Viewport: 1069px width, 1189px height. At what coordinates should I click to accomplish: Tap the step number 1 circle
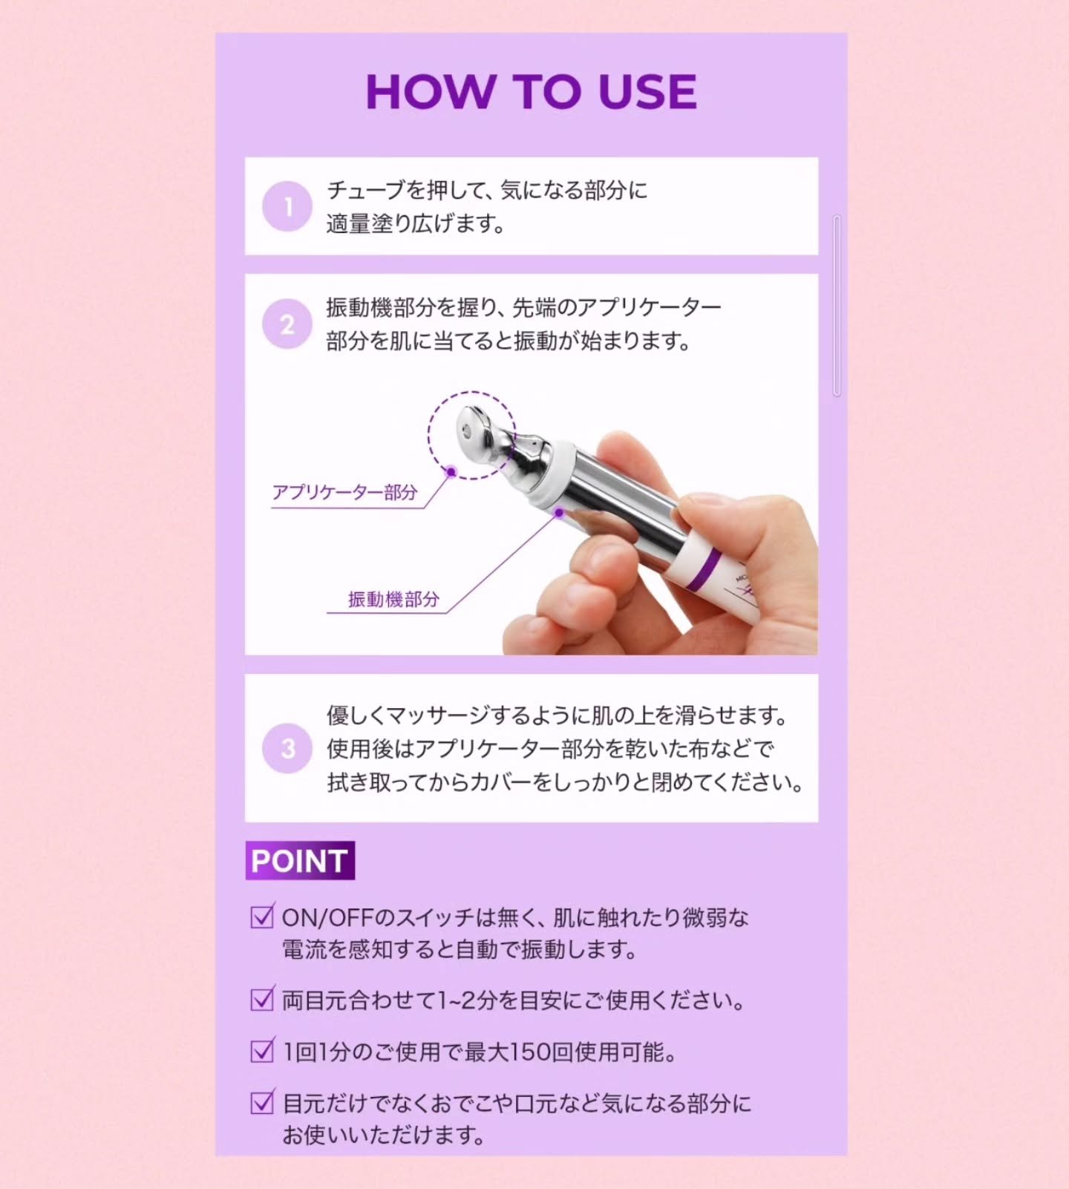coord(287,206)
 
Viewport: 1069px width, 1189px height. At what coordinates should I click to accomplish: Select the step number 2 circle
coord(287,324)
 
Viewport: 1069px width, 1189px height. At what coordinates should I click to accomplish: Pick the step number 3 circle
coord(287,748)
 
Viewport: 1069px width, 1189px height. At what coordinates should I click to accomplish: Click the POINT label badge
coord(300,861)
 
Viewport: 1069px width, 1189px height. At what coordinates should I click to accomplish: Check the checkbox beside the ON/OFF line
coord(262,917)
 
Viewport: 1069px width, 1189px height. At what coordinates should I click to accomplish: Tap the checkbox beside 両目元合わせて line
coord(262,999)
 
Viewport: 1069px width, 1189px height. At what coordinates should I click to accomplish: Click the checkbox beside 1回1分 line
coord(262,1050)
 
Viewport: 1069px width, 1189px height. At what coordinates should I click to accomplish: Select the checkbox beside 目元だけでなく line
coord(262,1102)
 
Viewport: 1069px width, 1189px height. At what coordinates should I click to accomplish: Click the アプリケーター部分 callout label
coord(345,492)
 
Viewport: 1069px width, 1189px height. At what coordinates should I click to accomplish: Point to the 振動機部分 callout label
coord(393,599)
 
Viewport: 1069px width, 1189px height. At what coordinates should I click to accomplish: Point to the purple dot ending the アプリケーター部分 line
coord(451,471)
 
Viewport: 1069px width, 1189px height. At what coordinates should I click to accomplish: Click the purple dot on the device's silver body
coord(559,512)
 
